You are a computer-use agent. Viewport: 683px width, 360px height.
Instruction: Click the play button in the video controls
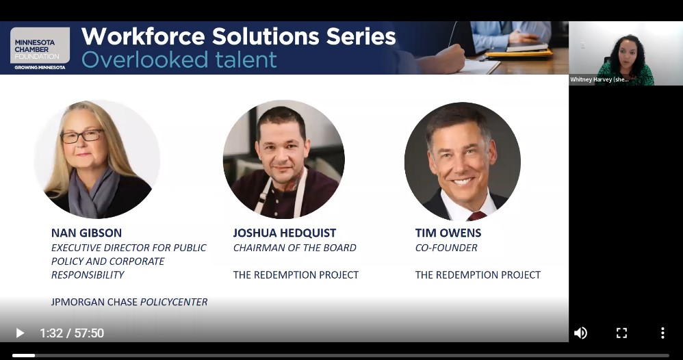tap(20, 333)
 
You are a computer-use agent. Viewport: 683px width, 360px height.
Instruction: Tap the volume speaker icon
tap(580, 333)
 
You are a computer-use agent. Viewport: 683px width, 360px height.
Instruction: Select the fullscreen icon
tap(621, 333)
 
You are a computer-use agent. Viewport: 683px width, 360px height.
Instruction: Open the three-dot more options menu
tap(662, 333)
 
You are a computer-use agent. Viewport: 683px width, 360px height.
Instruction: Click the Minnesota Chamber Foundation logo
tap(40, 49)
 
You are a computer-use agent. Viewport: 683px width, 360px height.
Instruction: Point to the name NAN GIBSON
tap(87, 233)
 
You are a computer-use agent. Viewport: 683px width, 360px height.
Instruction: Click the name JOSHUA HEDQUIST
tap(285, 233)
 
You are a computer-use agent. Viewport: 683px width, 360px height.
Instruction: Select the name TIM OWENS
tap(448, 233)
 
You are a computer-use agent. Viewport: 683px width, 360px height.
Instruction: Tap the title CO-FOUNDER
tap(446, 248)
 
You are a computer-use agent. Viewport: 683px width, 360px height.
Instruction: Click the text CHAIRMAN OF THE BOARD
tap(295, 248)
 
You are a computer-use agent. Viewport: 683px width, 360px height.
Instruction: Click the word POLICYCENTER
tap(174, 302)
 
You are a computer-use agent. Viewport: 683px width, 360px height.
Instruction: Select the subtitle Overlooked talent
tap(179, 60)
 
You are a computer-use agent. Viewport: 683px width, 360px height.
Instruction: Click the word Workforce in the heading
tap(143, 36)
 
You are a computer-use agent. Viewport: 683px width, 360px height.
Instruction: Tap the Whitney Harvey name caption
tap(600, 79)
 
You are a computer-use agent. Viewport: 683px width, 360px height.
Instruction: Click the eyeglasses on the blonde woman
tap(82, 136)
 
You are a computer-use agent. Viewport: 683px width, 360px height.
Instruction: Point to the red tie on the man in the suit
tap(476, 216)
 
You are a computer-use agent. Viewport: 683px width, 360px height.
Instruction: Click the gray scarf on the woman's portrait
tap(93, 192)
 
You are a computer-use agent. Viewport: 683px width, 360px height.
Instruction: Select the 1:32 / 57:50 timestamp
tap(72, 333)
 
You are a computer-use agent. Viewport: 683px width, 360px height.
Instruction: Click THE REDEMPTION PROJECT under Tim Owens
tap(478, 275)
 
